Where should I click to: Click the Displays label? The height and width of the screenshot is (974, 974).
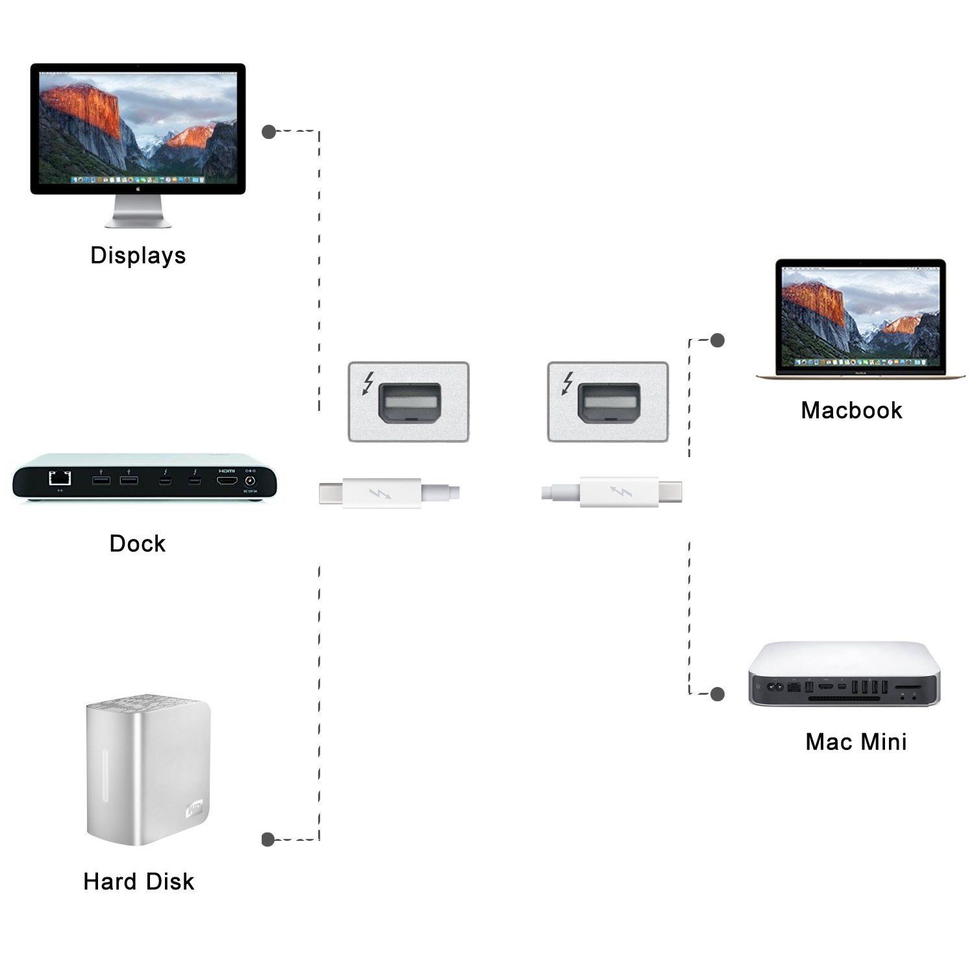click(x=138, y=255)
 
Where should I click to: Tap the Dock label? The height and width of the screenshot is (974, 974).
click(x=137, y=543)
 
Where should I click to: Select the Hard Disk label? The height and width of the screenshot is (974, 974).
click(x=138, y=881)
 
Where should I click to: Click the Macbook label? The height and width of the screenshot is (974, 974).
click(x=851, y=410)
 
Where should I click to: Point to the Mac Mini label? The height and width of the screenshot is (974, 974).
click(x=856, y=742)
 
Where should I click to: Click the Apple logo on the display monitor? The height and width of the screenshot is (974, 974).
click(x=138, y=188)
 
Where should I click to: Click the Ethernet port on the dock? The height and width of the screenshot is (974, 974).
click(x=60, y=479)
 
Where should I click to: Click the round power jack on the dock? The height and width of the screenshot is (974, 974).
click(x=249, y=481)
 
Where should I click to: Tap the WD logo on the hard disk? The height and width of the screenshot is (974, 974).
click(x=195, y=810)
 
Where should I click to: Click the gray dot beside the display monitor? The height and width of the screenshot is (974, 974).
click(x=269, y=132)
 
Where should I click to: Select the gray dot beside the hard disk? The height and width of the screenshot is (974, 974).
click(x=268, y=840)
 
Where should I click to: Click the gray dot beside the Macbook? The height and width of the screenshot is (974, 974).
click(x=718, y=340)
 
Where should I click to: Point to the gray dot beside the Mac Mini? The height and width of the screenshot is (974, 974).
click(x=718, y=694)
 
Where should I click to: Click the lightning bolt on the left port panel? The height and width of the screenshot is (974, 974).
click(x=368, y=383)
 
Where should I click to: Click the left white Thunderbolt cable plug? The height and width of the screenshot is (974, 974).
click(x=388, y=493)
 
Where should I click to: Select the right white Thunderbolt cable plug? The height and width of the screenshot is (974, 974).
click(x=612, y=493)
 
